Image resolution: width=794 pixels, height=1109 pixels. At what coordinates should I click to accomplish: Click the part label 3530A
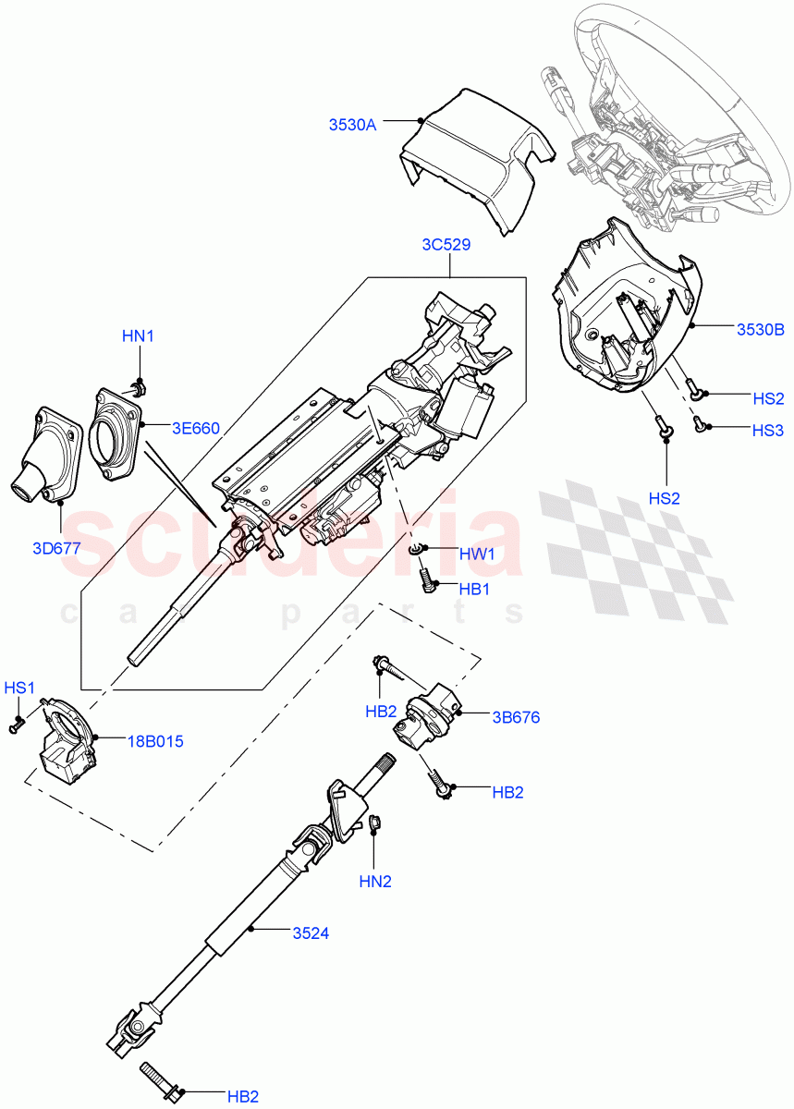pos(353,125)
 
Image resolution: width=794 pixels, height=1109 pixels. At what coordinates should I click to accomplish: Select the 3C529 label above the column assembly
pos(446,246)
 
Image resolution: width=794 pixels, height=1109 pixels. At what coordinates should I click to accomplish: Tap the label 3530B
pos(760,328)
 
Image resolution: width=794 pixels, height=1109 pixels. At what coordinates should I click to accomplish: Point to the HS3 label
pos(767,430)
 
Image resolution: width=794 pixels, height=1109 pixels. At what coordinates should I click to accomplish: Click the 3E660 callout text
pos(195,428)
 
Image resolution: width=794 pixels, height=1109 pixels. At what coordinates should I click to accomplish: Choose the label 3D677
pos(56,548)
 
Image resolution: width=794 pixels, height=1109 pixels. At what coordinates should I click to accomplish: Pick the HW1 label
pos(477,554)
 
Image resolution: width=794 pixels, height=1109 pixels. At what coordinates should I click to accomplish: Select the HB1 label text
pos(474,589)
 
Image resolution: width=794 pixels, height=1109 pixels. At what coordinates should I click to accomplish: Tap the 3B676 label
pos(516,717)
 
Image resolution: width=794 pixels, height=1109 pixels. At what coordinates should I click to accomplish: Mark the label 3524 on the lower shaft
pos(310,933)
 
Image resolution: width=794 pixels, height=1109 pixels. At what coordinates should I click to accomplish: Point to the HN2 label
pos(375,882)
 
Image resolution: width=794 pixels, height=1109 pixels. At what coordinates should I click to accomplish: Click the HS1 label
pos(19,688)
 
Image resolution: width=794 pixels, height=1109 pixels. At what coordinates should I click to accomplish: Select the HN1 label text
pos(138,336)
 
